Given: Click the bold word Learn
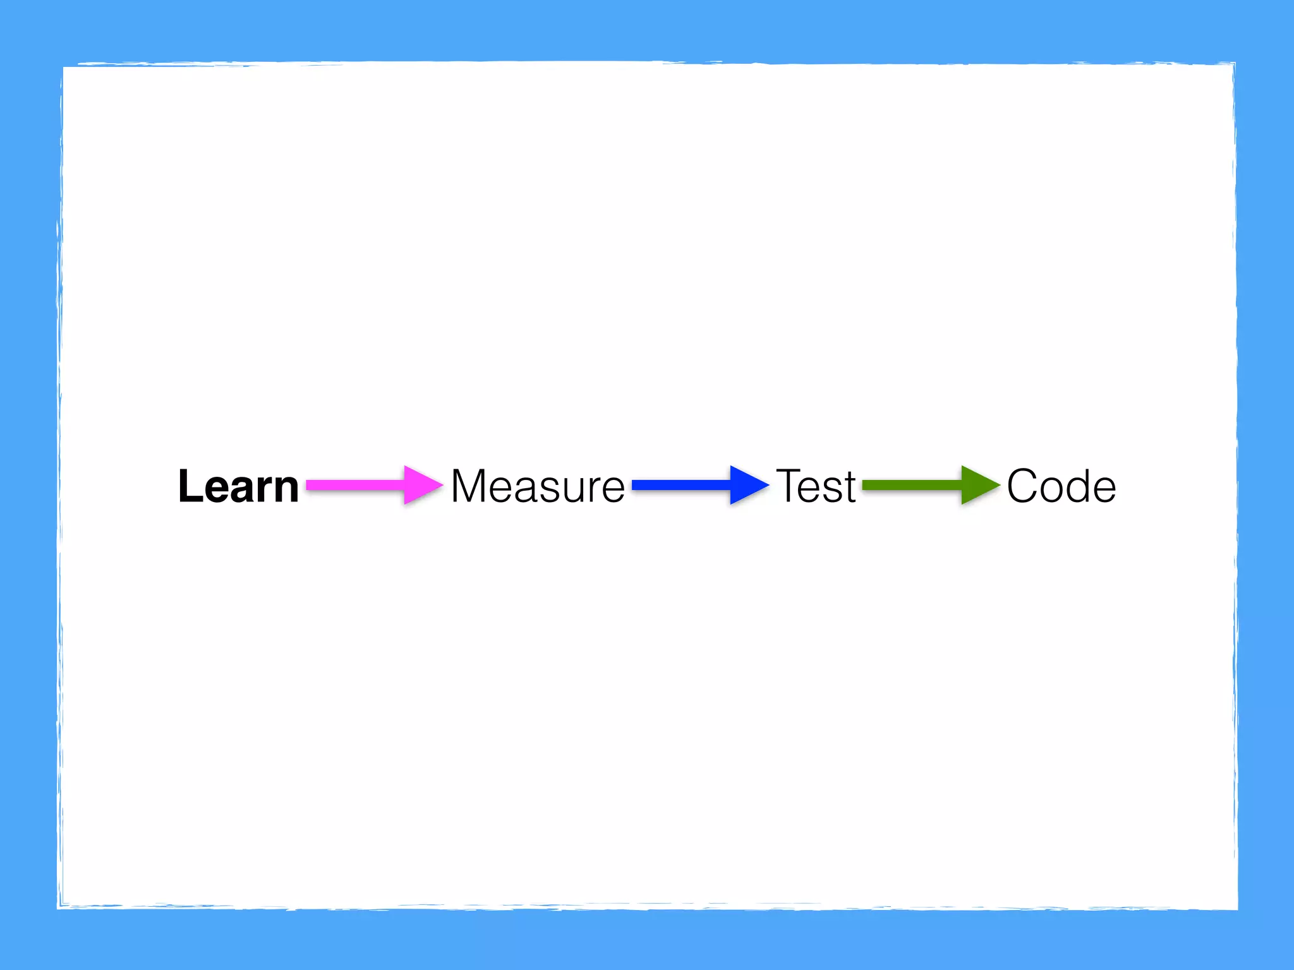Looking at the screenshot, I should (x=238, y=486).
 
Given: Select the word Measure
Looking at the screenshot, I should (x=538, y=486).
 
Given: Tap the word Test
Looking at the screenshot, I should (x=816, y=486).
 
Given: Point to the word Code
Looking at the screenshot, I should (x=1061, y=486).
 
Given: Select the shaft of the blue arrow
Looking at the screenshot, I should (x=681, y=485).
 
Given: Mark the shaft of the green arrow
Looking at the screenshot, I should (x=912, y=485).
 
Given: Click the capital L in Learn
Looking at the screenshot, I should (x=190, y=486).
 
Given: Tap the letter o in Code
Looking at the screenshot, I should (x=1052, y=491).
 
